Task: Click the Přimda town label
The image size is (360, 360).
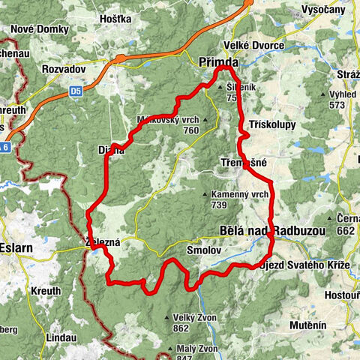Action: (x=217, y=63)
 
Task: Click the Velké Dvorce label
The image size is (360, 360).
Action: (x=258, y=46)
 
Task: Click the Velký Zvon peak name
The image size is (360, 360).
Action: (x=194, y=317)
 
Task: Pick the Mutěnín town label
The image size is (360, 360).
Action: (x=309, y=325)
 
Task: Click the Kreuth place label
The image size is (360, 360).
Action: (x=46, y=290)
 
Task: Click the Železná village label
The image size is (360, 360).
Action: (x=103, y=242)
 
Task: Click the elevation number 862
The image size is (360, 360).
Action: (x=180, y=328)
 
